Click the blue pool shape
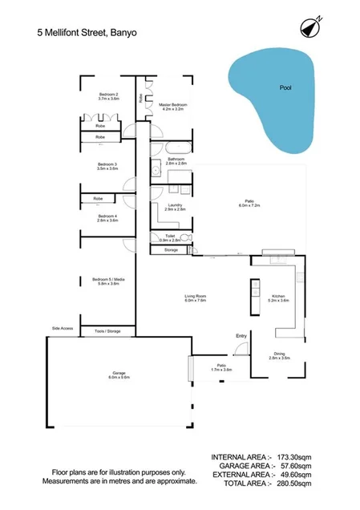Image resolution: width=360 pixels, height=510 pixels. (269, 100)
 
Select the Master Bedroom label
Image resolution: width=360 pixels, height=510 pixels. (172, 105)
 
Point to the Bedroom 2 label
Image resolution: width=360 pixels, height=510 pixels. (108, 95)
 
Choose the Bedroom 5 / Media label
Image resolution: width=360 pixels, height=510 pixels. (108, 280)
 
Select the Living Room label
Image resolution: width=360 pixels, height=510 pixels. (196, 297)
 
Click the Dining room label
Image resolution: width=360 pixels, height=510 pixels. (279, 354)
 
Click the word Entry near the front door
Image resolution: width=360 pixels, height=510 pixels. (241, 336)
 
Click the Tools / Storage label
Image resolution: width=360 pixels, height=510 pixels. (107, 330)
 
